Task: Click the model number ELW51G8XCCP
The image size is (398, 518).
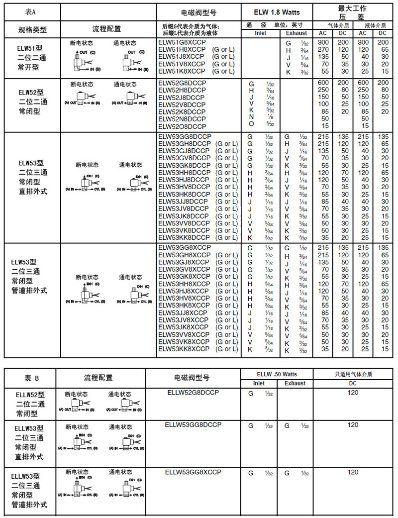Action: pos(181,43)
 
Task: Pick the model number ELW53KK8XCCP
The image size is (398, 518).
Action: pos(184,349)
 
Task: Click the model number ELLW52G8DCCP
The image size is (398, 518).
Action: pos(194,392)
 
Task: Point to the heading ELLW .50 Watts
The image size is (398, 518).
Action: pos(277,374)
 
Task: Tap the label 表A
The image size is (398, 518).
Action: pos(31,11)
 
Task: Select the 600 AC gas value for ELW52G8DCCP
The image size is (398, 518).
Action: pos(323,83)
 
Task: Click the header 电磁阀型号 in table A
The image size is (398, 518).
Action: pos(199,13)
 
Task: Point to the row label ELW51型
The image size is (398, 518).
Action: pos(30,48)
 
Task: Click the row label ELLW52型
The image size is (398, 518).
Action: pos(30,395)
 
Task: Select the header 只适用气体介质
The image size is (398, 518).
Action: pos(353,374)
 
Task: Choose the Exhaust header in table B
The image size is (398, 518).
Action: pos(295,383)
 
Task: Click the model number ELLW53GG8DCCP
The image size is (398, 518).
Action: pos(193,424)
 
